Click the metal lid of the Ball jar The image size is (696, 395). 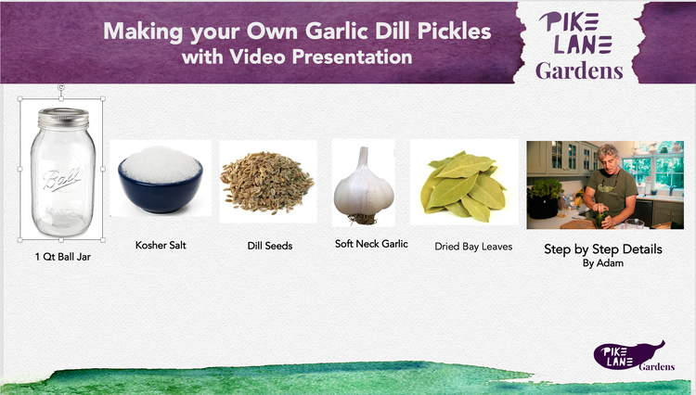click(63, 119)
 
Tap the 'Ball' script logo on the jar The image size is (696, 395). click(62, 179)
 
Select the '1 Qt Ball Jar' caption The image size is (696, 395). click(62, 257)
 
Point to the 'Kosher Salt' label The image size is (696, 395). click(161, 245)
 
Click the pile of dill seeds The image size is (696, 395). click(267, 183)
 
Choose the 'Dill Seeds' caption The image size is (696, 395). click(270, 246)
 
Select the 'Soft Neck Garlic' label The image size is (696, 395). click(371, 244)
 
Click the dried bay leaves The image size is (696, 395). click(464, 186)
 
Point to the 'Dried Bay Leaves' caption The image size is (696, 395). click(473, 247)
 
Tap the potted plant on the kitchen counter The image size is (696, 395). click(544, 198)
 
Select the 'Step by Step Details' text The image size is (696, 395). click(603, 249)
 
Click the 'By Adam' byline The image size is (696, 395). click(603, 263)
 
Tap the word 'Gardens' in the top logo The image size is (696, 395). click(579, 70)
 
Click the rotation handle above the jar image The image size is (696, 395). click(61, 87)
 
